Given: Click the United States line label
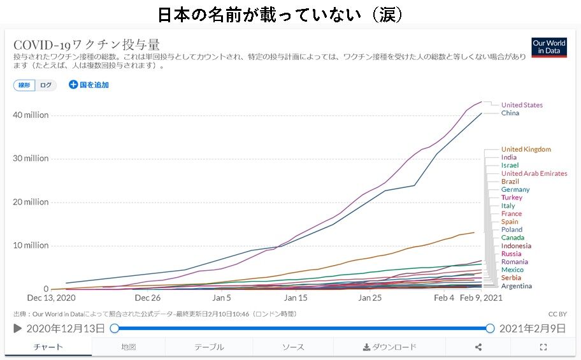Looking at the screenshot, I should click(522, 105).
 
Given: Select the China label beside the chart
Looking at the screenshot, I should click(510, 113).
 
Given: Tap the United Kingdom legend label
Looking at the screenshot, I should click(526, 150).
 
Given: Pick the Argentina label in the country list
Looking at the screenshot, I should click(516, 286).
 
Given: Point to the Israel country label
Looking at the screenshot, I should click(510, 166).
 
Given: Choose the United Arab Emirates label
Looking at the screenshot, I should click(534, 173).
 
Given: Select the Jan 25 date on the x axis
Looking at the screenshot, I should click(369, 298).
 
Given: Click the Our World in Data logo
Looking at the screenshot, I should click(549, 48).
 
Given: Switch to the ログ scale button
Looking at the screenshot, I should click(46, 85).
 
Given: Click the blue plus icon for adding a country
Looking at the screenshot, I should click(73, 85).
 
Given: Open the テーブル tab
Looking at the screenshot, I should click(209, 347).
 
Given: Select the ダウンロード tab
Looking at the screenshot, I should click(389, 347).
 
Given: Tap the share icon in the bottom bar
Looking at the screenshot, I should click(478, 347).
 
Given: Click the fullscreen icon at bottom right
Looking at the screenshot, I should click(543, 347).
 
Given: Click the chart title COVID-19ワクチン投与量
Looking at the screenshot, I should click(87, 45).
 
